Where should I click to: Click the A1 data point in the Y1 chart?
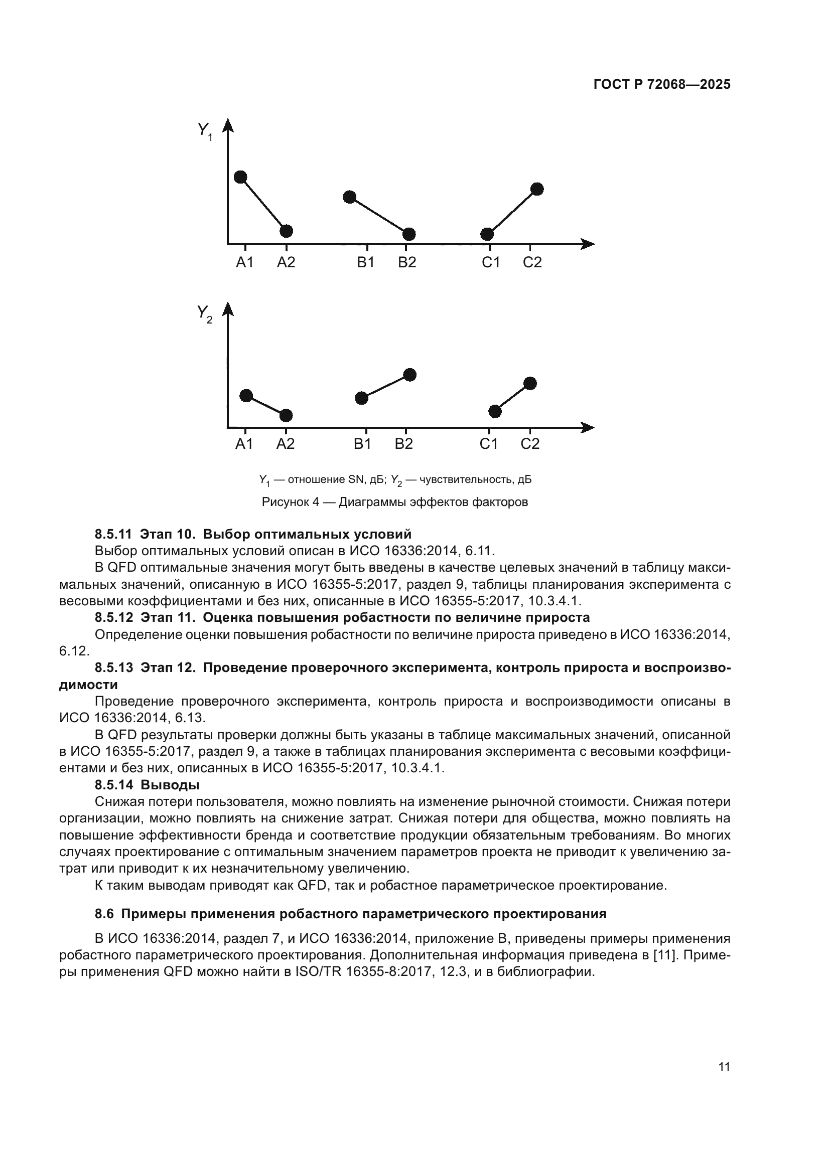click(240, 177)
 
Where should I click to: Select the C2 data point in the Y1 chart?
click(537, 189)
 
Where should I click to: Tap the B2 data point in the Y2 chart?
click(410, 375)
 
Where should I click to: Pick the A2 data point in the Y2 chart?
click(286, 415)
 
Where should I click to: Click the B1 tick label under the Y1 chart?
click(365, 263)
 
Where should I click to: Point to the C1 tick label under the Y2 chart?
click(489, 444)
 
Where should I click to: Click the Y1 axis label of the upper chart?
click(204, 130)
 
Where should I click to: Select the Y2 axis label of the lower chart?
click(204, 312)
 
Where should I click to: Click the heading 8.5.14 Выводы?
click(147, 785)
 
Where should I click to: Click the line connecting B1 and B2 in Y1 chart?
click(379, 216)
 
